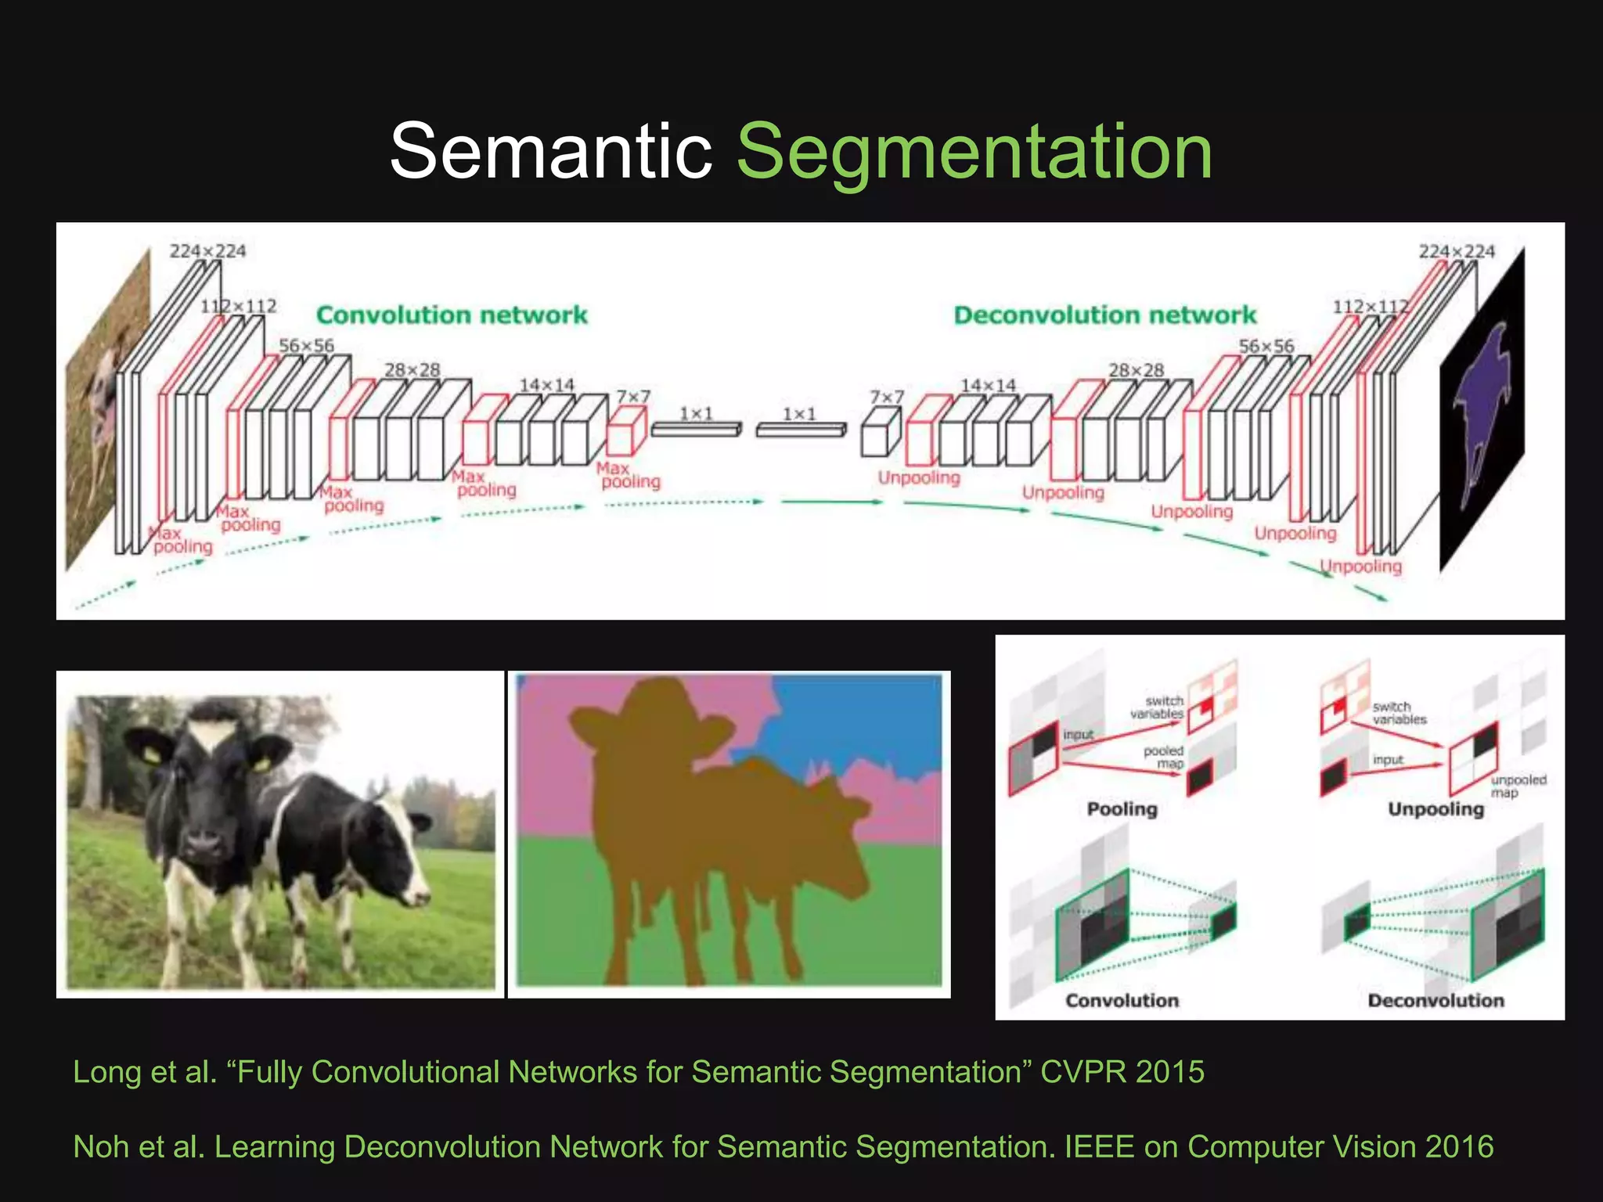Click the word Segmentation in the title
[x=974, y=153]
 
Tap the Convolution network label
[x=452, y=315]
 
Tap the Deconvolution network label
[x=1104, y=315]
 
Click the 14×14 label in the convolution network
[x=546, y=385]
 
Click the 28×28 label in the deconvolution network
[x=1136, y=369]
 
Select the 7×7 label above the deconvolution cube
[x=886, y=398]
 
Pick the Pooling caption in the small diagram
[x=1122, y=809]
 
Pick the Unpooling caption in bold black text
[x=1435, y=809]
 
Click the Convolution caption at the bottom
[x=1122, y=1000]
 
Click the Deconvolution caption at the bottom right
[x=1435, y=1000]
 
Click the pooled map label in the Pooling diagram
[x=1164, y=757]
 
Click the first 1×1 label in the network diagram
[x=696, y=412]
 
